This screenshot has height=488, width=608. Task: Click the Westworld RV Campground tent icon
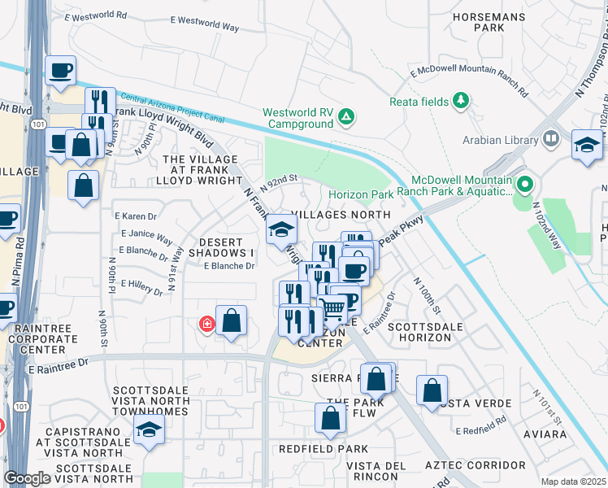(346, 116)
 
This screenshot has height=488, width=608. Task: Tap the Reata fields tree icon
(462, 100)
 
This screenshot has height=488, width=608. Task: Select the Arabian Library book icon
(551, 139)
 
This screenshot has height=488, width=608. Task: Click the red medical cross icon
(207, 325)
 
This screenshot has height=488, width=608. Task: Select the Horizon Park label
(361, 194)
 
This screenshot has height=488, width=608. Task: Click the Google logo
(27, 478)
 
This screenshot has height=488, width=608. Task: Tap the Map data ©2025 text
(573, 481)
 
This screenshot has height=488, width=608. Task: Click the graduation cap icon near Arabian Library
(587, 145)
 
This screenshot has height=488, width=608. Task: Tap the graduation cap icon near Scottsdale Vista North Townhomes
(149, 430)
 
